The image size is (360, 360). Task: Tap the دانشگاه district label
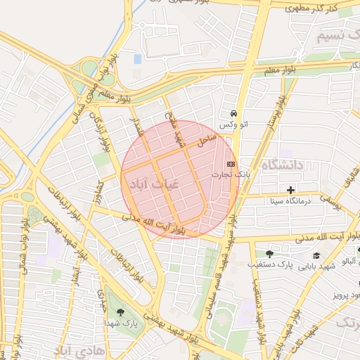(x=281, y=165)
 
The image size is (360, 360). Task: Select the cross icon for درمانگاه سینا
(x=290, y=190)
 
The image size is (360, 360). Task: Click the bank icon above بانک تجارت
(x=231, y=163)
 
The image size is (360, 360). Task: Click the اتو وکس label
(x=233, y=124)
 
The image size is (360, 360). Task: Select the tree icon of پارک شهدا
(x=120, y=312)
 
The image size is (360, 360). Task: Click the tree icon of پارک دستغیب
(x=269, y=254)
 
